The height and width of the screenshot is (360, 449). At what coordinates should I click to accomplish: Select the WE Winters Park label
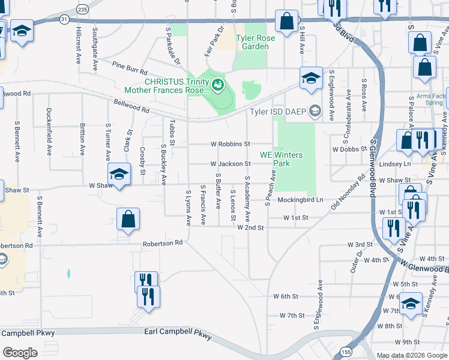pos(282,159)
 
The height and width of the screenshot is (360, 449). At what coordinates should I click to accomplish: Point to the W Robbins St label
pos(230,144)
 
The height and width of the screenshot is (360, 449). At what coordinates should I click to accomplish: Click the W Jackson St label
pos(230,163)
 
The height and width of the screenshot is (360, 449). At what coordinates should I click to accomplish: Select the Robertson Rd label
pos(162,244)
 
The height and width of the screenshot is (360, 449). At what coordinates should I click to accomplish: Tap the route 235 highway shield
pos(82,9)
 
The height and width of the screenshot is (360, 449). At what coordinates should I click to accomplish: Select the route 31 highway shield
pos(64,20)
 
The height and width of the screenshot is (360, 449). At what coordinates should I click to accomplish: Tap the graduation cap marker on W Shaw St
pos(119,175)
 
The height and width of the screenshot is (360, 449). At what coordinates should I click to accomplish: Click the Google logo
pos(20,353)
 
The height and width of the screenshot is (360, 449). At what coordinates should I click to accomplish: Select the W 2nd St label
pos(250,227)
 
